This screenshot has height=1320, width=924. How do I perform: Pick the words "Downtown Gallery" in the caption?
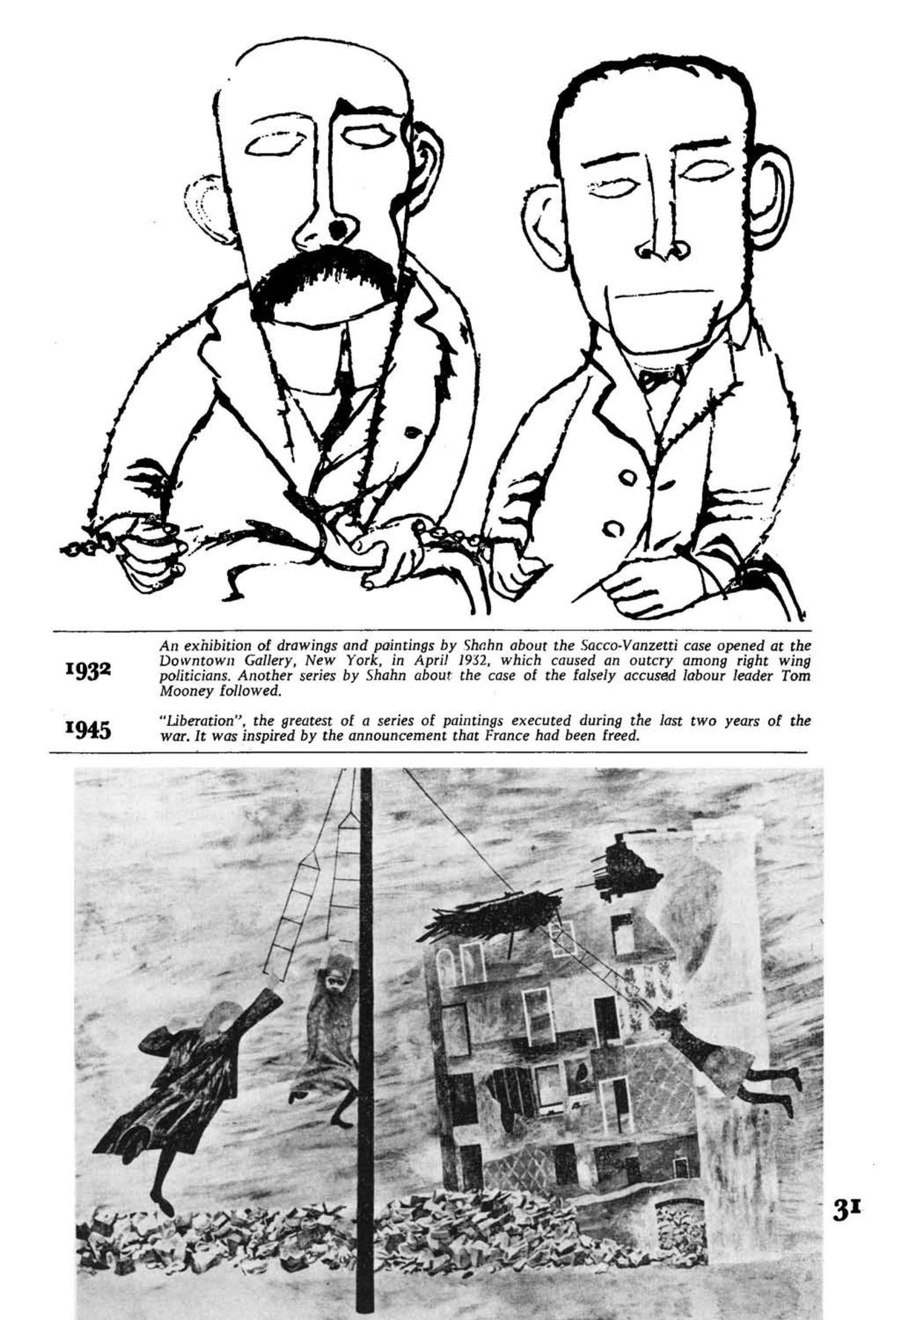(221, 661)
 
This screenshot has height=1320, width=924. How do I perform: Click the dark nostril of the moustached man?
(337, 230)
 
